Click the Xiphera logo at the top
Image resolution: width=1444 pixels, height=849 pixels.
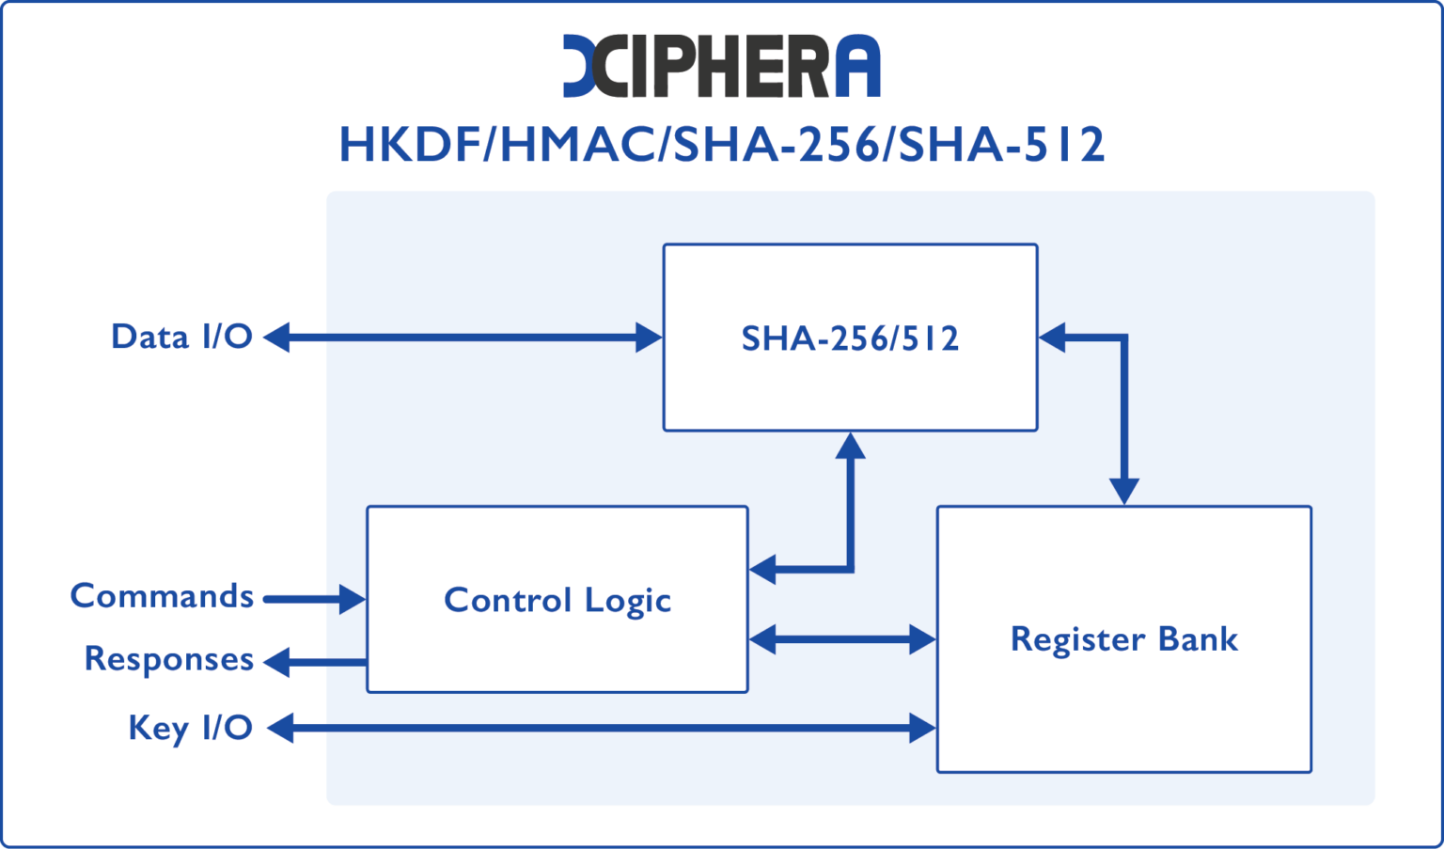(x=721, y=66)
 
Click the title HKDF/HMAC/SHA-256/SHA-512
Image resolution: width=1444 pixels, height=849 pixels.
(x=721, y=145)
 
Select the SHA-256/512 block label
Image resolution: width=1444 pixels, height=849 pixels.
(x=850, y=338)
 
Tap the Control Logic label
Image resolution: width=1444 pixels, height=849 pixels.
(x=557, y=600)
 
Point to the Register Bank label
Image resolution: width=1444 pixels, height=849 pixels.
(x=1123, y=639)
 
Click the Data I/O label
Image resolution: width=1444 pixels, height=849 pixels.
(x=181, y=337)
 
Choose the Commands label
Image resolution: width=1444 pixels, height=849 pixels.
(x=162, y=596)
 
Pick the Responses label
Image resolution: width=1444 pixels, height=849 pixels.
(x=168, y=659)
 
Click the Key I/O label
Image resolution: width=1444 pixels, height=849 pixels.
(x=190, y=728)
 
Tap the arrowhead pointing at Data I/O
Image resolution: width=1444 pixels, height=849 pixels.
(x=276, y=338)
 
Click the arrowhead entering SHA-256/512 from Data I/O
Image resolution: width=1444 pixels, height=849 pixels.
(x=650, y=338)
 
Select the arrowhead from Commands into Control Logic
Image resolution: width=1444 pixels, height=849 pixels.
(x=353, y=599)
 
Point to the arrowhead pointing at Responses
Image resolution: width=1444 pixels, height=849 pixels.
(x=276, y=662)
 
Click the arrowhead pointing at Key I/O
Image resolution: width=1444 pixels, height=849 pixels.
(x=279, y=728)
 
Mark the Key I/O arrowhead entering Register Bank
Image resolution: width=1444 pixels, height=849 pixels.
(x=923, y=728)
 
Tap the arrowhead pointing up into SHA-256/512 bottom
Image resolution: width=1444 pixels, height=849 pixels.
(x=850, y=445)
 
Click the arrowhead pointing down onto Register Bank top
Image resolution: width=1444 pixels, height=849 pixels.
(x=1123, y=492)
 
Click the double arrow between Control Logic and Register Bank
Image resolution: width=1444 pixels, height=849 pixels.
(x=842, y=640)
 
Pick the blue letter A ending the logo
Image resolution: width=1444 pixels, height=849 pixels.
(x=856, y=67)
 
